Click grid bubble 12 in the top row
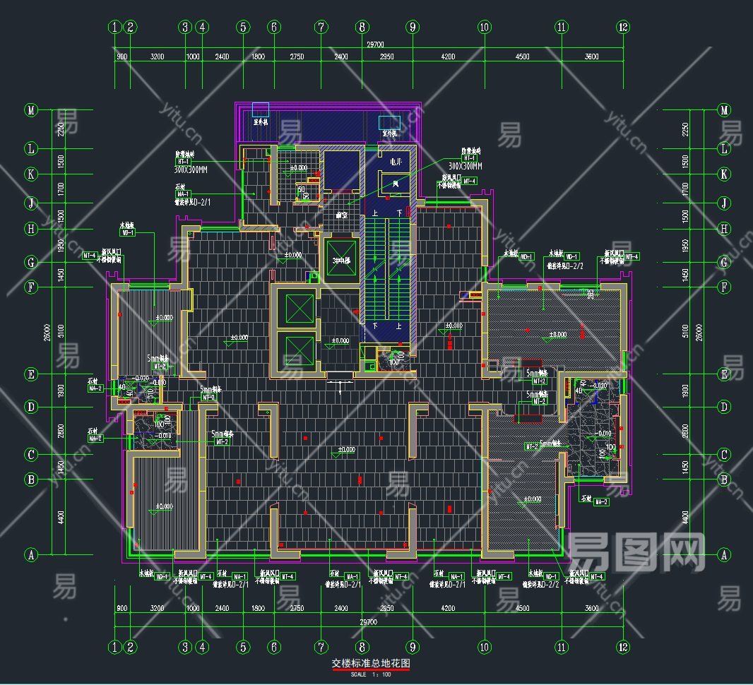622,28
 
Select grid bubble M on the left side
30,110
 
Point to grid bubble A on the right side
723,555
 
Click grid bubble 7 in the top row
321,28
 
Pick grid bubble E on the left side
30,374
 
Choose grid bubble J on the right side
723,203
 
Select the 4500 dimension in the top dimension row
522,57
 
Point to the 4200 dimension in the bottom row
448,608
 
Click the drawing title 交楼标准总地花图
371,664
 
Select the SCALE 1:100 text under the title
371,674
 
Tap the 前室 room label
341,214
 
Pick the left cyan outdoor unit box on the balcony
261,109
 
